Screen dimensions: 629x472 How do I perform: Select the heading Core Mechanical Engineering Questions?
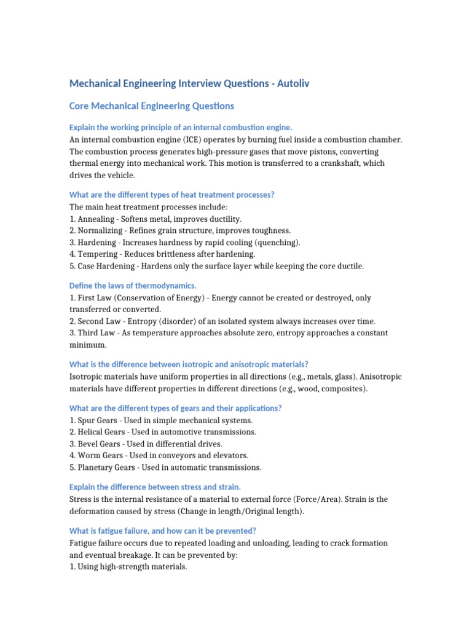(x=152, y=106)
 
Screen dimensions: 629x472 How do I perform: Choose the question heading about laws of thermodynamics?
(x=133, y=286)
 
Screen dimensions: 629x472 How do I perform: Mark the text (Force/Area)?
(x=315, y=499)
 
